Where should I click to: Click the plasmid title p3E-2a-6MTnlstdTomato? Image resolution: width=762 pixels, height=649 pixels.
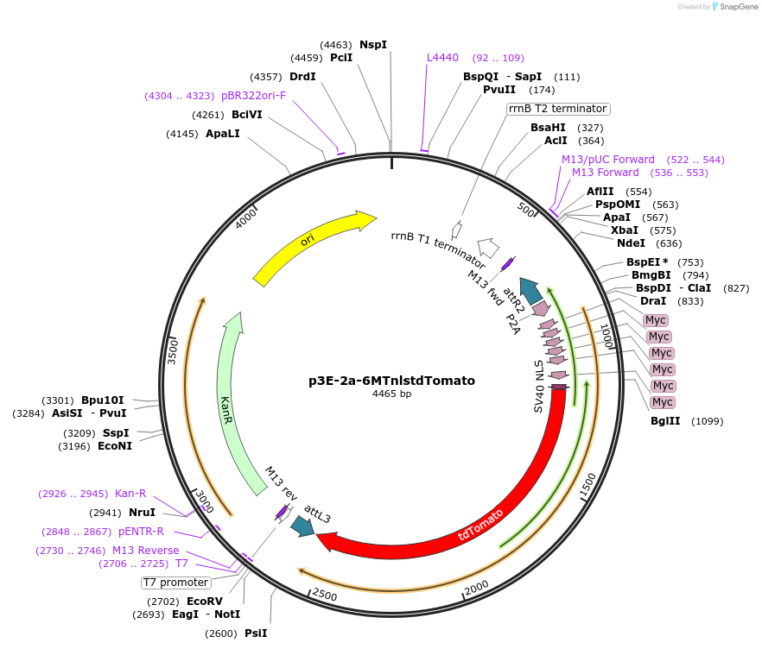(x=391, y=380)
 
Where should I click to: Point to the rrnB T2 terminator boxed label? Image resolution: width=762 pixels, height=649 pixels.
(x=558, y=109)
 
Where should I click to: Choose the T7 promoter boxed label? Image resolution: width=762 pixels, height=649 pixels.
(x=176, y=583)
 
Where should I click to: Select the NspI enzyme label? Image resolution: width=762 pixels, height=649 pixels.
(x=373, y=44)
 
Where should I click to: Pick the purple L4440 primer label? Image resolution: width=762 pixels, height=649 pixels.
(x=443, y=58)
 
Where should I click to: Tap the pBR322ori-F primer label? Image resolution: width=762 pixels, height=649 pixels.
(x=253, y=95)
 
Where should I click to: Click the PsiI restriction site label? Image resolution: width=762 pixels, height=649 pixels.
(x=256, y=633)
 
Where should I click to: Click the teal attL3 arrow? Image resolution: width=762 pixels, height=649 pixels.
(x=302, y=526)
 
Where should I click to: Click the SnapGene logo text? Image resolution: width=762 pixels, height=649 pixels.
(x=739, y=7)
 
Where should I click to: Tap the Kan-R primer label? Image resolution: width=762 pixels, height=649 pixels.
(x=130, y=494)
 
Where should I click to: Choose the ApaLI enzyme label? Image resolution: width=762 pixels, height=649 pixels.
(x=223, y=134)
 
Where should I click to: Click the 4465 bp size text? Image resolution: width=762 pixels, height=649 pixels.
(x=391, y=394)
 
